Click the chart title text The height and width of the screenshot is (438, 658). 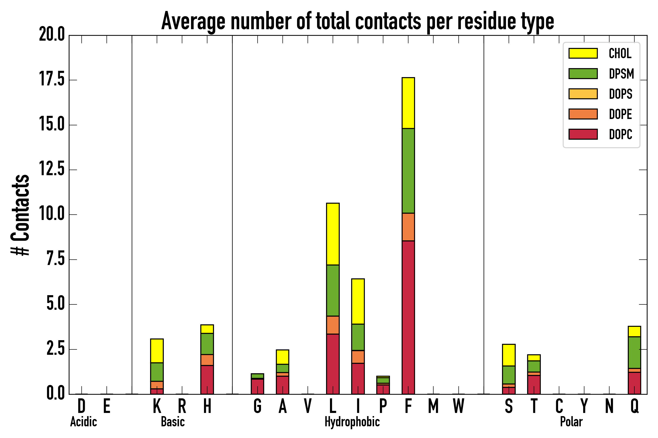tap(357, 21)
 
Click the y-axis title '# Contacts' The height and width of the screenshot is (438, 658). tap(20, 215)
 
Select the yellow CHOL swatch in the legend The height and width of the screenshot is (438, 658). tap(583, 53)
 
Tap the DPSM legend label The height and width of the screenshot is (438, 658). tap(621, 74)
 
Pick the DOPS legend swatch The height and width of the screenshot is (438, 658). tap(583, 94)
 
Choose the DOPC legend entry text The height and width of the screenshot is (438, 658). tap(620, 134)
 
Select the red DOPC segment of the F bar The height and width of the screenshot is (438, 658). tap(408, 317)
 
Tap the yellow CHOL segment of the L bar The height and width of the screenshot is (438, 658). tap(333, 234)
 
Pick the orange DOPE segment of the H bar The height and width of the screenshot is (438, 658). tap(207, 360)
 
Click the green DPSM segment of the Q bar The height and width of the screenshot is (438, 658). tap(634, 353)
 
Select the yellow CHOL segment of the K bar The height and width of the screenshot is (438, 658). tap(157, 351)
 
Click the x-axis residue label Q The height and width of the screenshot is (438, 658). tap(635, 406)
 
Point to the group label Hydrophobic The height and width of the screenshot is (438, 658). tap(352, 422)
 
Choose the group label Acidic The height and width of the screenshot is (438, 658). tap(83, 422)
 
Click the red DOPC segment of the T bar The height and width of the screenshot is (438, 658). tap(534, 385)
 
